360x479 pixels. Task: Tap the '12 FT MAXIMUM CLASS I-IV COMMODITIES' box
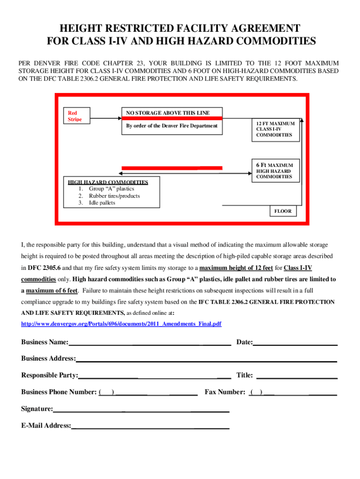[275, 129]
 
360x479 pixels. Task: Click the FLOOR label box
[283, 211]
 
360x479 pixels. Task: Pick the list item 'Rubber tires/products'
[115, 196]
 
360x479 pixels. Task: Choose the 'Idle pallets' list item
[102, 203]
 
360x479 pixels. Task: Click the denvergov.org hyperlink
[122, 324]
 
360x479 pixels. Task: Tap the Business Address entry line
[206, 360]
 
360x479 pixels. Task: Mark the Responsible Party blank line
[154, 377]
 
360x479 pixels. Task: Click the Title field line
[297, 377]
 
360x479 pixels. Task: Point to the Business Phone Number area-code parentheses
[107, 392]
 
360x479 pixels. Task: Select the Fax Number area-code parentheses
[256, 392]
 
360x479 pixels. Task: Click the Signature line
[141, 411]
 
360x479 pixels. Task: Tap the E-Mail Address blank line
[150, 427]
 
